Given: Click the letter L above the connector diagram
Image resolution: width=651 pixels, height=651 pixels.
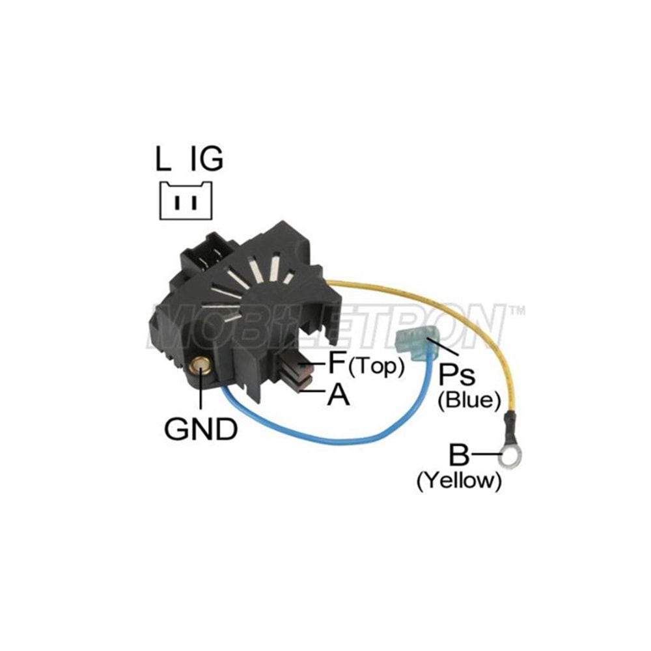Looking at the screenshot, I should point(164,159).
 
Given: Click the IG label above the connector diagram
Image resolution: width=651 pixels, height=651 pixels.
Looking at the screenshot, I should point(206,159).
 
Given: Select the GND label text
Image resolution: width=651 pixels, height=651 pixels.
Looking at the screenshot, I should point(200,429).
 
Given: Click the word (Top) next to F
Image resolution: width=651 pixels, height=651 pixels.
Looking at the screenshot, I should point(376,367).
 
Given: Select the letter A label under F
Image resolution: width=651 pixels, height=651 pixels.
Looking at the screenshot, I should point(338,395).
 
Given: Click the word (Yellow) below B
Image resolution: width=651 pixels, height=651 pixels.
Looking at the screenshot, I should point(459,481).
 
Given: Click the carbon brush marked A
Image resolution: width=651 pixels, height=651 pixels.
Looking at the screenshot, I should point(303,385).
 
